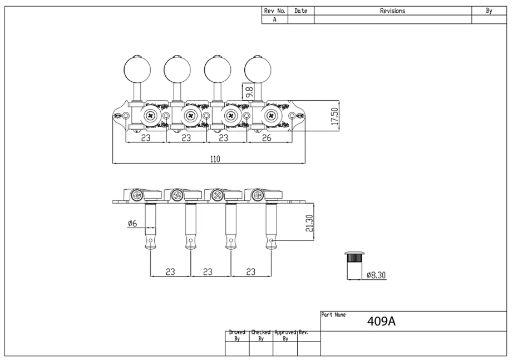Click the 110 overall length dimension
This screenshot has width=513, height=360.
click(215, 159)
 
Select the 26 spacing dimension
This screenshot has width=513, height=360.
click(267, 139)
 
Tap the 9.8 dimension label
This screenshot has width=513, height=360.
click(249, 90)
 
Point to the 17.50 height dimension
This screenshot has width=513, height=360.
click(335, 117)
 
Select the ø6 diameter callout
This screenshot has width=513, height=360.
click(132, 223)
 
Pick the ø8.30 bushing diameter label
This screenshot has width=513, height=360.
click(378, 275)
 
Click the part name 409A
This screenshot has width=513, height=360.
click(381, 322)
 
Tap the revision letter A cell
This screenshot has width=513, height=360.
click(274, 19)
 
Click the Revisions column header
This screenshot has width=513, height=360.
click(392, 11)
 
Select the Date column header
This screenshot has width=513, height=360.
click(301, 11)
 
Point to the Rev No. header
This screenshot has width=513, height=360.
click(274, 11)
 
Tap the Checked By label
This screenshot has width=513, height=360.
click(261, 335)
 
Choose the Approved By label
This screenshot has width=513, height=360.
click(285, 335)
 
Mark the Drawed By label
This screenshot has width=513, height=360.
click(238, 335)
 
